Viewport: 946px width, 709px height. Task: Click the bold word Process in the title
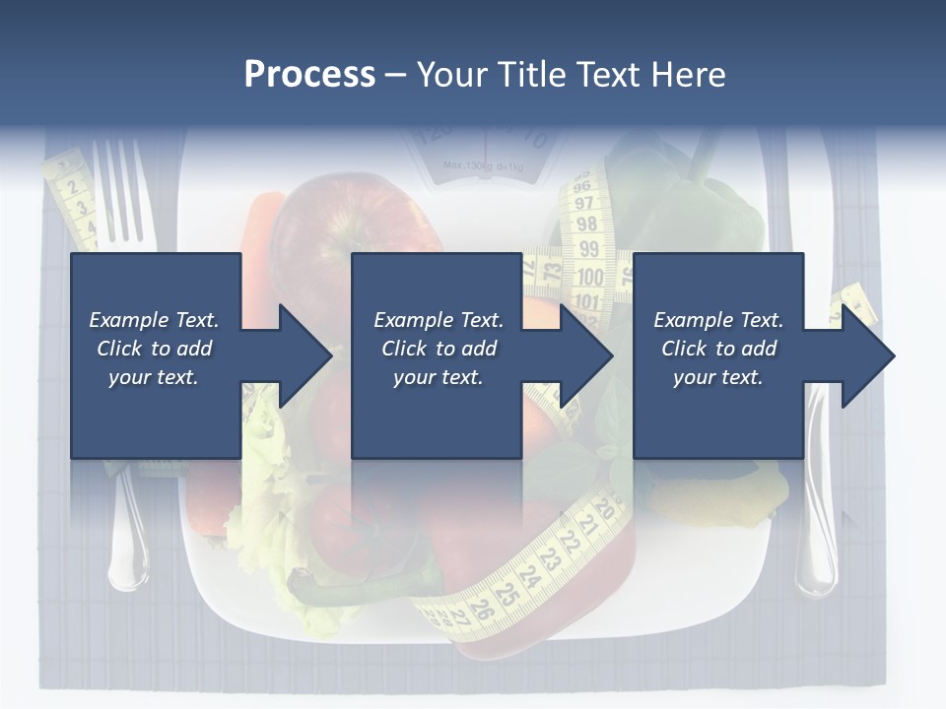pos(309,75)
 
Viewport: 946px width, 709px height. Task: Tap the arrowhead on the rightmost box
pos(866,355)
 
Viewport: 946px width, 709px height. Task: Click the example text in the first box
pos(154,349)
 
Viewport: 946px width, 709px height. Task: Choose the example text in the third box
pos(718,349)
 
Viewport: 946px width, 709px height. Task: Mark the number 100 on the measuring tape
pos(590,278)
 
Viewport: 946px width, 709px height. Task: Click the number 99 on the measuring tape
pos(588,249)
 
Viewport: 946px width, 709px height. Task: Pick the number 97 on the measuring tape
pos(585,203)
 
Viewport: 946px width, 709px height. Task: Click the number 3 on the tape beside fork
pos(82,208)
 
